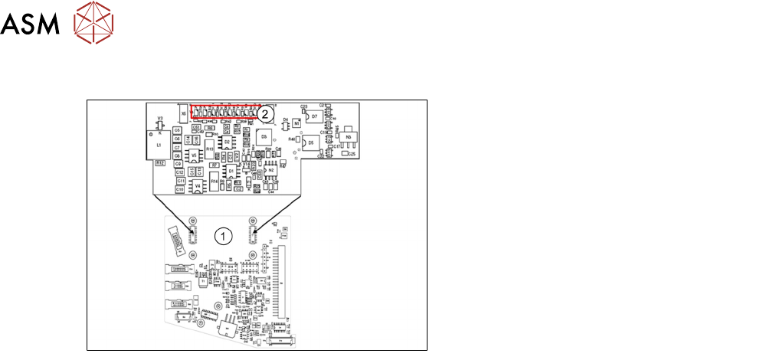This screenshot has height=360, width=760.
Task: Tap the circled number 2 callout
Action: coord(265,113)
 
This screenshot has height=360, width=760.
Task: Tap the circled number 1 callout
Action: coord(222,236)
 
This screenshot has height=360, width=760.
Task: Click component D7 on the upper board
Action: coord(314,116)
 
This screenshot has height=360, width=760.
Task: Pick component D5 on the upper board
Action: coord(311,144)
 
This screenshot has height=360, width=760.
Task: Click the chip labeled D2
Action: coord(227,142)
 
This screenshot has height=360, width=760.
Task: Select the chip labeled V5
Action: coord(195,155)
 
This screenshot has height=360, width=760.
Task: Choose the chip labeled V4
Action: coord(198,185)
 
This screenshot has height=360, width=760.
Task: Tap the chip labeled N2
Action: coord(270,169)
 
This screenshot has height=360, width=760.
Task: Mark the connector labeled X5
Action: coord(182,113)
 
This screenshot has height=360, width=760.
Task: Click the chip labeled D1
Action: coord(231,171)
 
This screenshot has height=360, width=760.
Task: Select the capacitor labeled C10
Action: coord(180,188)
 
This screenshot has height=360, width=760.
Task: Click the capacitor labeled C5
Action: coord(178,130)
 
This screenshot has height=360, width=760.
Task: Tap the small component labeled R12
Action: coord(159,163)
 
